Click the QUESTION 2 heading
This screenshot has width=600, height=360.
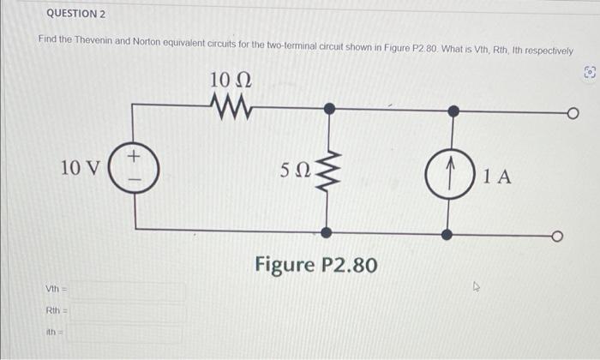coord(75,15)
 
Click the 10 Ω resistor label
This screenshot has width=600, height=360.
coord(230,81)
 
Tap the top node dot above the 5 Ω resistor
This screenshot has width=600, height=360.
coord(327,110)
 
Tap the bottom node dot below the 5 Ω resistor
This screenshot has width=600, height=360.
coord(327,232)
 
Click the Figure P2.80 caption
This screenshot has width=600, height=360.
coord(315,265)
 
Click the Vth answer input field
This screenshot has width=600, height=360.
coord(129,292)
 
